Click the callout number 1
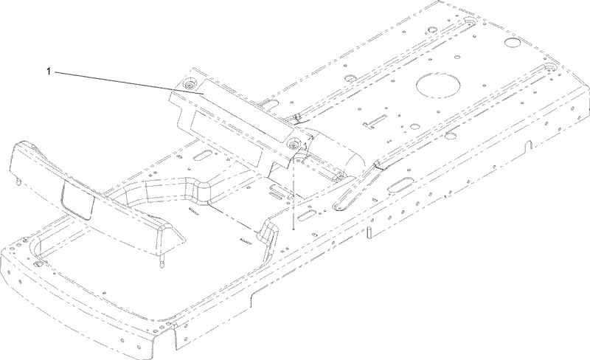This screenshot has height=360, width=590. pyautogui.click(x=48, y=71)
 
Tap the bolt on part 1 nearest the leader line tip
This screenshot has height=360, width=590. pyautogui.click(x=190, y=85)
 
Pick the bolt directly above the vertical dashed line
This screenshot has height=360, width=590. pyautogui.click(x=293, y=143)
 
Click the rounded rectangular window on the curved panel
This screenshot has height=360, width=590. pyautogui.click(x=77, y=199)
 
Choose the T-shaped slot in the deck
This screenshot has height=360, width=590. pyautogui.click(x=375, y=122)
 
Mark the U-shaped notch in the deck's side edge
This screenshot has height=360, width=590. pyautogui.click(x=528, y=145)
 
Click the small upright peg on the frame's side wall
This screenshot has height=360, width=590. pyautogui.click(x=369, y=232)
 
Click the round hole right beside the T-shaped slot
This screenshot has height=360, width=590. pyautogui.click(x=415, y=127)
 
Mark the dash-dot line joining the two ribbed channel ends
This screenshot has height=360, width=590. pyautogui.click(x=232, y=218)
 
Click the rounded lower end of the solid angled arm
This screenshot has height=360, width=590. pyautogui.click(x=337, y=206)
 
